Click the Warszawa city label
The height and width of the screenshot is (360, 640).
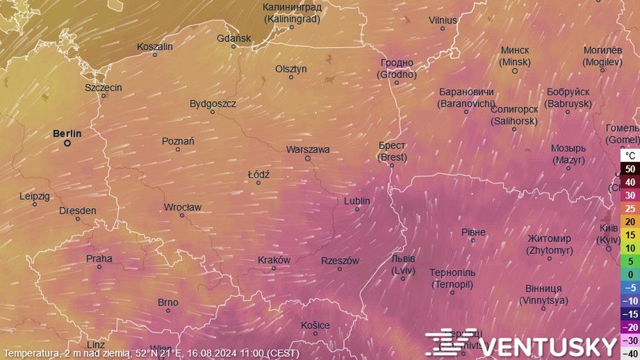308,149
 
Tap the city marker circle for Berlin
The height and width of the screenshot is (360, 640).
67,143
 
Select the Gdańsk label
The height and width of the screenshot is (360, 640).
233,38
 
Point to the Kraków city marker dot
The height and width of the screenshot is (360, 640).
274,268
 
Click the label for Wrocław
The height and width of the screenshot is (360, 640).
182,207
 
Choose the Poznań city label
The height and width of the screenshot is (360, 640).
178,141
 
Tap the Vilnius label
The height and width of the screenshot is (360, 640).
443,20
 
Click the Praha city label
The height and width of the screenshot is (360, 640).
99,259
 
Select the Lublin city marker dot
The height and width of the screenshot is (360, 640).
357,209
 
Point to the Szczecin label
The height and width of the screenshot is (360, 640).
104,88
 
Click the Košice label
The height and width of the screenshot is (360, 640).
315,325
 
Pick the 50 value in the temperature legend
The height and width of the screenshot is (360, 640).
630,169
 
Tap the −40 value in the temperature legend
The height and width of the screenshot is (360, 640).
630,352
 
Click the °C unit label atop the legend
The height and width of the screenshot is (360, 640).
630,155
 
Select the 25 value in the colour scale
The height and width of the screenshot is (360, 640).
630,208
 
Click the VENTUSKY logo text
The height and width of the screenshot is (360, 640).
549,346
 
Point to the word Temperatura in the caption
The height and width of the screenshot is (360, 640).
32,354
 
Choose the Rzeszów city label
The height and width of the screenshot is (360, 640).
340,261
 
